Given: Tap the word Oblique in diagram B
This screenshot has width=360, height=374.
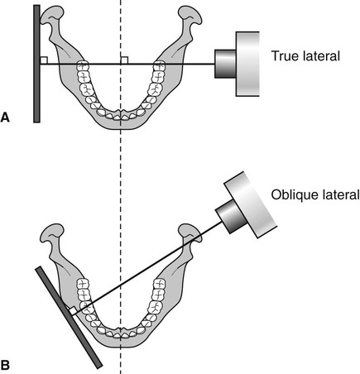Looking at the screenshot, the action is click(x=292, y=194).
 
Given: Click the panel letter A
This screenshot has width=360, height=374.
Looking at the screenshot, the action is click(x=5, y=117).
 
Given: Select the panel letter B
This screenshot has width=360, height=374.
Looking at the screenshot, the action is click(x=5, y=365).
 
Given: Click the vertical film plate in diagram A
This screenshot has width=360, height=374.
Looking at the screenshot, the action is click(x=36, y=64).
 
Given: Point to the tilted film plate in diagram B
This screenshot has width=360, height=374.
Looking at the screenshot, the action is click(x=69, y=317).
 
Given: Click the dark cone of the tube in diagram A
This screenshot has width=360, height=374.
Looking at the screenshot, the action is click(x=225, y=64).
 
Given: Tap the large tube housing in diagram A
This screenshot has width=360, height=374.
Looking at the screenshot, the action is click(x=247, y=64).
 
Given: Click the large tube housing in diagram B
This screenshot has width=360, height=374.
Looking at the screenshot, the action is click(x=251, y=204).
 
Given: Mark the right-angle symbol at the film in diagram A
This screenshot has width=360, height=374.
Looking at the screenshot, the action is click(x=44, y=60).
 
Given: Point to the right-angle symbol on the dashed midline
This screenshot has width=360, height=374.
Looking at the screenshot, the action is click(x=124, y=60).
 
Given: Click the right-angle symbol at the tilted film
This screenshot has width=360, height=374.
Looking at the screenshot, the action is click(x=72, y=312).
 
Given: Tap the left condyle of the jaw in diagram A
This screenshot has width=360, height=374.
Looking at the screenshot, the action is click(x=52, y=16).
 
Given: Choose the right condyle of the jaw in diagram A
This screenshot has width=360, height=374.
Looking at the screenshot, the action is click(x=190, y=16).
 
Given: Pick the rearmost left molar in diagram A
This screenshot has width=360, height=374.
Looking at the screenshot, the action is click(x=83, y=66).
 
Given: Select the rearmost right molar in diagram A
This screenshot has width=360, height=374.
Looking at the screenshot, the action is click(x=159, y=66).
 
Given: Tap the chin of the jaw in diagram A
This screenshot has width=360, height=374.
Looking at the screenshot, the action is click(x=120, y=126).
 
